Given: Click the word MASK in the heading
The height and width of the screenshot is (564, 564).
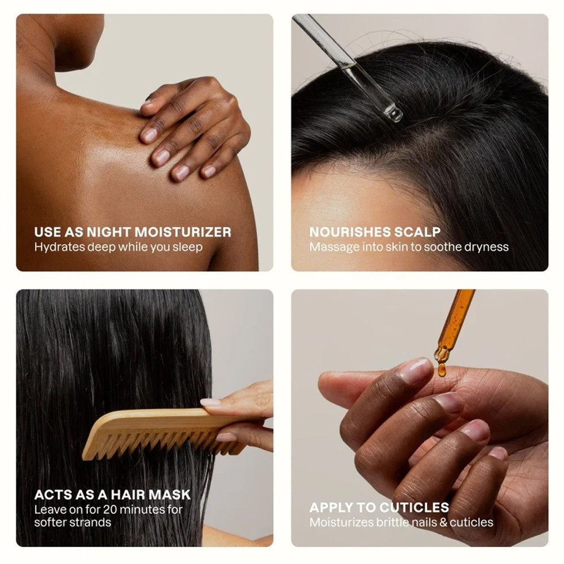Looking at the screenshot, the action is (170, 495).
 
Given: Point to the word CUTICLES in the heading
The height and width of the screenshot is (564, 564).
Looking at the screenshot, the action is (414, 508).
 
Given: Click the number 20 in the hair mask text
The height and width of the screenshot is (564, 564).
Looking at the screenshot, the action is (110, 510).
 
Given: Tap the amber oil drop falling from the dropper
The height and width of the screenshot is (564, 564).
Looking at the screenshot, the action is (442, 371).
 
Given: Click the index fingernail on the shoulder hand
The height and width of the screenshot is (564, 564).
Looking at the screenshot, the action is (149, 135).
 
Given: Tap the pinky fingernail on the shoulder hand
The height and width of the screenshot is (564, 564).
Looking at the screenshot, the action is (209, 171).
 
